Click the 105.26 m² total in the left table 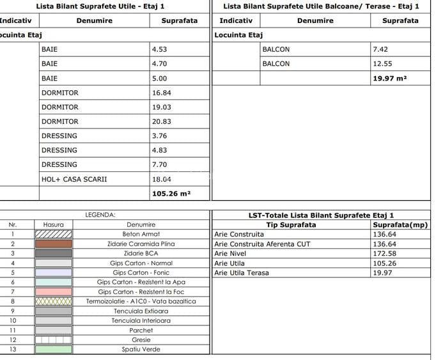coord(171,193)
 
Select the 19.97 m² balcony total coord(389,78)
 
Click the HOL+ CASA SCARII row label coord(74,179)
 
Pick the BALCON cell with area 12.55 coord(276,63)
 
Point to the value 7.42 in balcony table coord(380,49)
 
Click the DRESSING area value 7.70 coord(159,164)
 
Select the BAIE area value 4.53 coord(159,49)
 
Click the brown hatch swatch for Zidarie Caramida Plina coord(54,244)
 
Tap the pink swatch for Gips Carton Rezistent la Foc coord(54,292)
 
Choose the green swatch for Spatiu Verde coord(54,349)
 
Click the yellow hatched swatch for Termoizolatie coord(54,301)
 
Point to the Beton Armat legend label coord(141,234)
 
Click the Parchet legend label coord(141,330)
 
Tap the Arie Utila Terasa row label coord(242,273)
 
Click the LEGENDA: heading coord(100,215)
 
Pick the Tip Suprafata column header coord(290,224)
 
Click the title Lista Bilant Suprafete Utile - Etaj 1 coord(100,6)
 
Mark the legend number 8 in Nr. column coord(12,301)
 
